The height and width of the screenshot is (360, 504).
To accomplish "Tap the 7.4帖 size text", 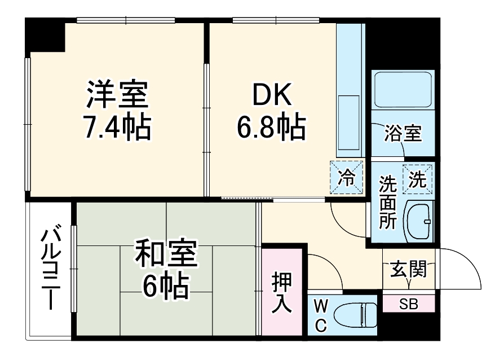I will click(x=117, y=129).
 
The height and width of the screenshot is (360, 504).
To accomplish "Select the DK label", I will click(x=271, y=96).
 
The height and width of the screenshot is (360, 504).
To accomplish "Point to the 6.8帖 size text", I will click(x=271, y=129).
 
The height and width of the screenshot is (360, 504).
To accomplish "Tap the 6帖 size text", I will click(x=166, y=288).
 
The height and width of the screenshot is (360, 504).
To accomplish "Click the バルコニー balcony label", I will click(x=51, y=268).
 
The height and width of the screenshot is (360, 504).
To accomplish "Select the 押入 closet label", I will click(x=282, y=292).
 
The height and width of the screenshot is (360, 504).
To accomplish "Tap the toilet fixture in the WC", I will click(x=356, y=314).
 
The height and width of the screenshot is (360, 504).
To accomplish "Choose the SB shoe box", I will click(x=409, y=304).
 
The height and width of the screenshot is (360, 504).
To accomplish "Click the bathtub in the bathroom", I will click(x=403, y=90).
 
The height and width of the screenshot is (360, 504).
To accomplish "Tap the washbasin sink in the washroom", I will click(x=420, y=221).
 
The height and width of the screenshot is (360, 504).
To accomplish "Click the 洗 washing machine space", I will click(x=417, y=179).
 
